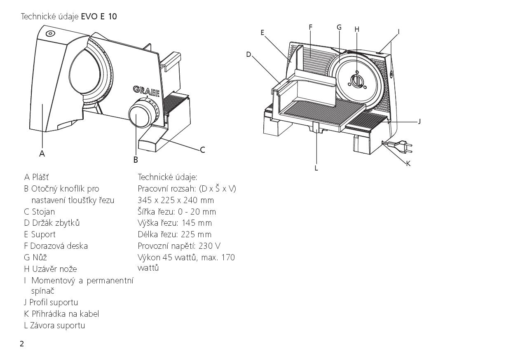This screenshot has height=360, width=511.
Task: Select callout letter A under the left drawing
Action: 42,154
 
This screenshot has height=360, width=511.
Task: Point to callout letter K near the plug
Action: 408,164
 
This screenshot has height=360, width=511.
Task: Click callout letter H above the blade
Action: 357,29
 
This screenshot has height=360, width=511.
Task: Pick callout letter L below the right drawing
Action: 316,168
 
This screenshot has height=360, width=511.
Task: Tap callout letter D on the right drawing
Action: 248,54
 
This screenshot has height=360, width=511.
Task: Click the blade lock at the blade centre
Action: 357,80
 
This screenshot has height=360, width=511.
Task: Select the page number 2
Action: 22,344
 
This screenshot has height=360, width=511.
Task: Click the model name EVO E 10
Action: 99,16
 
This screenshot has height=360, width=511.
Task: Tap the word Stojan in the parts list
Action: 43,212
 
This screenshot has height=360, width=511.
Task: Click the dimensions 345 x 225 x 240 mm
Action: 176,200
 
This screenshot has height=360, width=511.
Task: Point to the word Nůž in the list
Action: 40,257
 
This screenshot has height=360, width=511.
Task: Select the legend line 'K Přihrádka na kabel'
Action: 61,314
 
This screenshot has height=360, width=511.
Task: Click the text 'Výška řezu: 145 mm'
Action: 175,223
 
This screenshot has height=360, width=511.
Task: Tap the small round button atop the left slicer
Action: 50,33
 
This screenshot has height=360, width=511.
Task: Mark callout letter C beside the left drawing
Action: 202,150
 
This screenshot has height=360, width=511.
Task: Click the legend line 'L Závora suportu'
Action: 54,325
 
